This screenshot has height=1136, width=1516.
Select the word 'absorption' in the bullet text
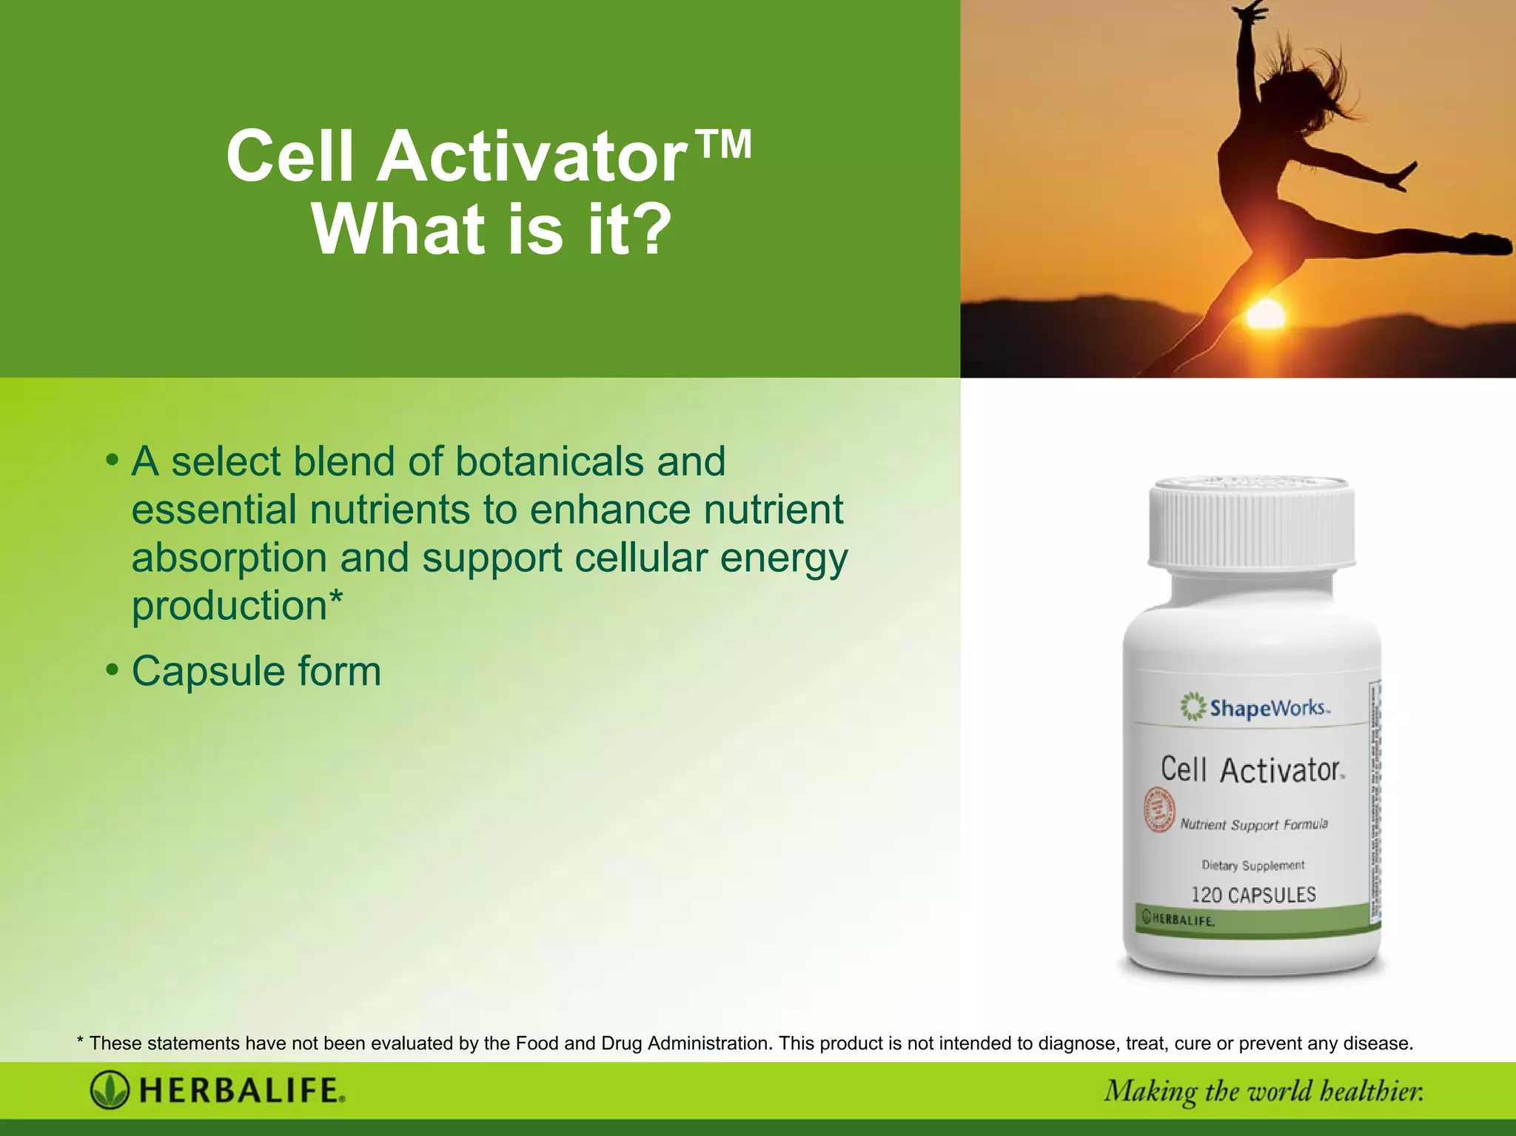click(229, 558)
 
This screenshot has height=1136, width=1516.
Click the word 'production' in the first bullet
click(229, 606)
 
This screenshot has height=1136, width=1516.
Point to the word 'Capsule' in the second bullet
click(208, 671)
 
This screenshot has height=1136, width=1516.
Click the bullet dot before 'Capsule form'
click(112, 669)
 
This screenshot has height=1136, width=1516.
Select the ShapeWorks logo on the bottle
click(1256, 707)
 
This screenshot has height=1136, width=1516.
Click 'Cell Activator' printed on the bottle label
click(1252, 770)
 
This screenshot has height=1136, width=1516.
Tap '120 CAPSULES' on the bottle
click(1253, 895)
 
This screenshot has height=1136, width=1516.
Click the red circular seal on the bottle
click(1158, 809)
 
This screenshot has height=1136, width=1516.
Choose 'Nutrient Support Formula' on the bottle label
click(1254, 824)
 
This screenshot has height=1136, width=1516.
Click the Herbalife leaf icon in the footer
click(110, 1090)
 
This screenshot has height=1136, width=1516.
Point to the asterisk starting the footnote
click(80, 1042)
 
